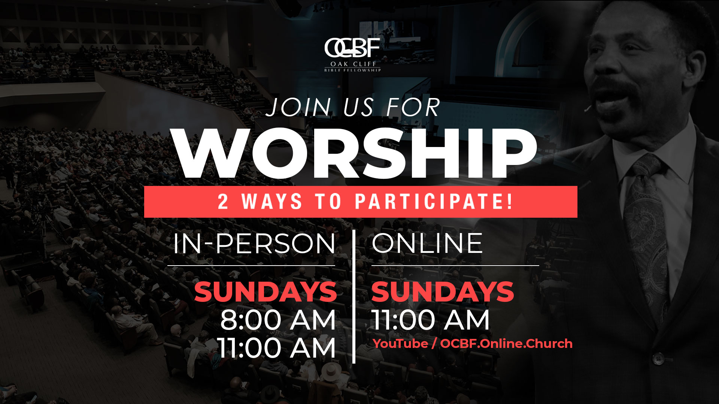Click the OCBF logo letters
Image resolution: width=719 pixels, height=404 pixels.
(x=352, y=48)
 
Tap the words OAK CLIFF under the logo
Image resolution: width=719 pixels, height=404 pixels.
(x=353, y=64)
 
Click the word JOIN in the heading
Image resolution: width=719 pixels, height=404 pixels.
(x=298, y=108)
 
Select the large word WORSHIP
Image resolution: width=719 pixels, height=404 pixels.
(x=356, y=153)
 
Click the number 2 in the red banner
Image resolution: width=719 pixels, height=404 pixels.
(x=223, y=202)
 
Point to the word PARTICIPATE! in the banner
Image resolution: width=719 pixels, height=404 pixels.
(x=434, y=202)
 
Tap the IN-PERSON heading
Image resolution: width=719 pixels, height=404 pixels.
(x=254, y=244)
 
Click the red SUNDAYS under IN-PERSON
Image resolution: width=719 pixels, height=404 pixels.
(x=266, y=292)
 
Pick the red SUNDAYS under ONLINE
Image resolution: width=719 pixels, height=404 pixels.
(x=443, y=292)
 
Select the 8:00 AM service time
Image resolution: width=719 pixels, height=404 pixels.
(x=278, y=320)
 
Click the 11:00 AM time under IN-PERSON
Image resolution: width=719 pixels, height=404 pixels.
(x=277, y=348)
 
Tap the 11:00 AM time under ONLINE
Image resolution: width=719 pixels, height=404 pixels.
(x=430, y=320)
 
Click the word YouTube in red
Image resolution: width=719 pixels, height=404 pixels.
(x=400, y=343)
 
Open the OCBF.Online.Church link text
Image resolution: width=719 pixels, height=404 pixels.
(x=506, y=343)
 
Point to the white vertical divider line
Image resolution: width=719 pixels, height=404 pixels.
(x=354, y=296)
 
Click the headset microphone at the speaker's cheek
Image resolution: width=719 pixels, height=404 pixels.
(x=588, y=108)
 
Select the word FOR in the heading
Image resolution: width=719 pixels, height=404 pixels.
(x=413, y=108)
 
